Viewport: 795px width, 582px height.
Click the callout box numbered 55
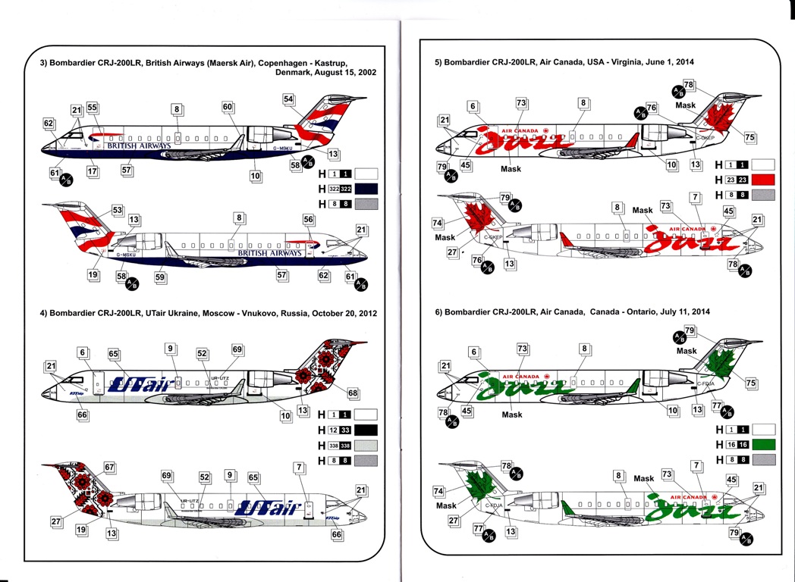(93, 108)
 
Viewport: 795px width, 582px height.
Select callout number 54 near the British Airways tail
(288, 99)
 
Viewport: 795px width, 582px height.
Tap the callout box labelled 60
(228, 108)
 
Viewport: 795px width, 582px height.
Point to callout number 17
(93, 172)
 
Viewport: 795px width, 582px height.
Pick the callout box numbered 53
(117, 209)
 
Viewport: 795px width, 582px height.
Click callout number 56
(308, 219)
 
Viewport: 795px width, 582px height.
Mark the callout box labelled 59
(160, 278)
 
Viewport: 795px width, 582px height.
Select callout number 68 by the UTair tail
(353, 393)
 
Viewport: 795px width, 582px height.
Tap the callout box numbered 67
(109, 468)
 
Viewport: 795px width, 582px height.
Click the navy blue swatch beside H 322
(361, 188)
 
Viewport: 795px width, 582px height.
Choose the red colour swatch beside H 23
(761, 180)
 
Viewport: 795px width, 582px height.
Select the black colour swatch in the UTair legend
(361, 430)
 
